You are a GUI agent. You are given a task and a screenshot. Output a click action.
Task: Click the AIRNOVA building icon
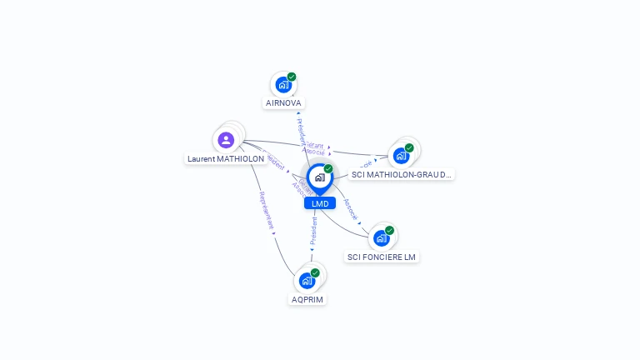[284, 85]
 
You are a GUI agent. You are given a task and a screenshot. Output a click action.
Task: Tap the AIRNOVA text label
[283, 103]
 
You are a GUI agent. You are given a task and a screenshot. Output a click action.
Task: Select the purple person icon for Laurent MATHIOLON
[226, 140]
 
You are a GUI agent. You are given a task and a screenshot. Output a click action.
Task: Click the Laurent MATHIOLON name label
[226, 158]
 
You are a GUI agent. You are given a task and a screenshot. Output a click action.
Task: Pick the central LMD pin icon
[319, 177]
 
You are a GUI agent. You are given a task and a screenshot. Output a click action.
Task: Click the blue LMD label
[320, 203]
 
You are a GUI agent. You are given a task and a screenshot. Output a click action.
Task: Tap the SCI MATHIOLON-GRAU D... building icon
[402, 156]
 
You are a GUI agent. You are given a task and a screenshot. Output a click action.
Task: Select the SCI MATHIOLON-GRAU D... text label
[401, 175]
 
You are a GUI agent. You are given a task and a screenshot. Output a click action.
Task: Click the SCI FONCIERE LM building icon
[382, 238]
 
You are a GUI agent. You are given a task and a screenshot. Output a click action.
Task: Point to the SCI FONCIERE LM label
[382, 257]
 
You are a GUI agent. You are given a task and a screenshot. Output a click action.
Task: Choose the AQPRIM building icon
[307, 281]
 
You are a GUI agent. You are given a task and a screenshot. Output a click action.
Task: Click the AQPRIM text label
[307, 299]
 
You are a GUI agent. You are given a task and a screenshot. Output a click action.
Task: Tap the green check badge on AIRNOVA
[292, 77]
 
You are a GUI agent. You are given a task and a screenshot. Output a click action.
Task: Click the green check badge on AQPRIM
[315, 272]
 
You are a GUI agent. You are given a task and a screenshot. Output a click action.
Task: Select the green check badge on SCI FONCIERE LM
[389, 230]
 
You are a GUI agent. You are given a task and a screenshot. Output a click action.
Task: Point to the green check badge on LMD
[328, 168]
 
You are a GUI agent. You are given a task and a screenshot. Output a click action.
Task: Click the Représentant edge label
[267, 211]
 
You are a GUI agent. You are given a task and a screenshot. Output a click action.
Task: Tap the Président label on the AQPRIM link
[313, 231]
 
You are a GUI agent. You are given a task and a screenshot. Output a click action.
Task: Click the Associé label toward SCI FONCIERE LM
[351, 209]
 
